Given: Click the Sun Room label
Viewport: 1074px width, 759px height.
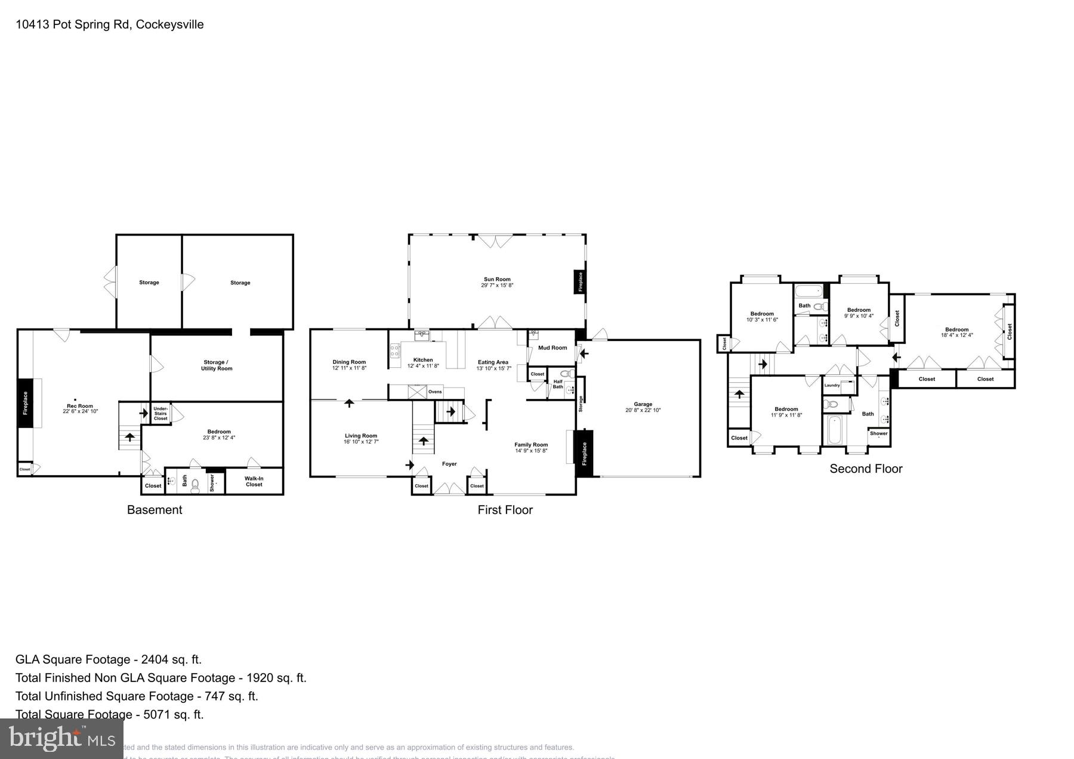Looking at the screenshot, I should tap(496, 279).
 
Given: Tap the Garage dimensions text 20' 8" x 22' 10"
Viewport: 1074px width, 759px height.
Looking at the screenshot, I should tap(643, 410).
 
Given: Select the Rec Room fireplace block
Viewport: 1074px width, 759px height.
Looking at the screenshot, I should tap(25, 403).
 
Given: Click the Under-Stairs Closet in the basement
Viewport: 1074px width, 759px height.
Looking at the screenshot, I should tap(161, 414).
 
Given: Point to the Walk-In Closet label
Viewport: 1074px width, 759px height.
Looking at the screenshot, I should tap(254, 481).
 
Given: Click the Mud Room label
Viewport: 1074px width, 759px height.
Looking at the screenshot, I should tap(552, 348).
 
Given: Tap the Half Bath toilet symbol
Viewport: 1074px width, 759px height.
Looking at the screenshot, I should tap(565, 374).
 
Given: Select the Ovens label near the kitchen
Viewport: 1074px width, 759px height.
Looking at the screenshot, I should tap(435, 392).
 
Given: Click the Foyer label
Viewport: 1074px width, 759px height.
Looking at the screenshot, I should tap(449, 464).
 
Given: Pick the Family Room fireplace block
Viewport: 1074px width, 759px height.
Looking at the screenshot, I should tap(584, 453).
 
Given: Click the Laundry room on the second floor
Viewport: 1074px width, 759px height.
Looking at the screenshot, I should tap(832, 385).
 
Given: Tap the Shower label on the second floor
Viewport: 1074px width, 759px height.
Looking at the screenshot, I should tap(878, 433).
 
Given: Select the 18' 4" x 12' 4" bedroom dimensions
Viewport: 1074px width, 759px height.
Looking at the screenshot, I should tap(956, 335).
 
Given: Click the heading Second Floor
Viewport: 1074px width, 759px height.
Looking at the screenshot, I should tap(866, 469).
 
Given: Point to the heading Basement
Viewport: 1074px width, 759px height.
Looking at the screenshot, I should tap(155, 510).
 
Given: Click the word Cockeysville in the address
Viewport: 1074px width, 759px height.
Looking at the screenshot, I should tap(170, 24).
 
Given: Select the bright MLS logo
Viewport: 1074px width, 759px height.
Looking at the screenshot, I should tap(61, 739).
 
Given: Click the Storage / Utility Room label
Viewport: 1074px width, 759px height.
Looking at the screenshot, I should tap(217, 365).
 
